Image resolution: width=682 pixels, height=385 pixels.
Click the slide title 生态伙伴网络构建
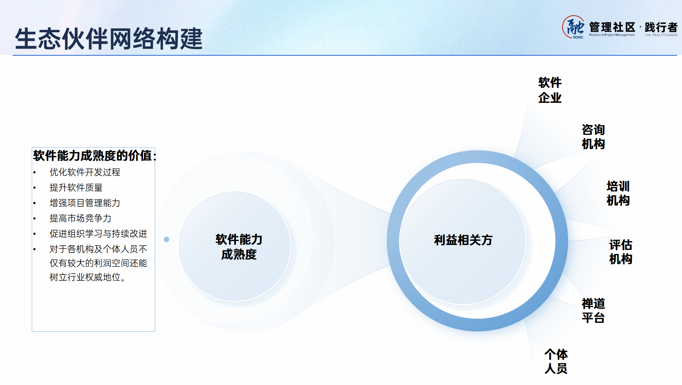[109, 39]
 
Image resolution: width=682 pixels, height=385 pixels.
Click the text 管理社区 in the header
[612, 27]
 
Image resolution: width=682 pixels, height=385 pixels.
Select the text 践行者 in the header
[661, 27]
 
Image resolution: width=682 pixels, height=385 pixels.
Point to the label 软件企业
[550, 90]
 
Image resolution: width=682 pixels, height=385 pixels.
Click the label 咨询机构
[593, 137]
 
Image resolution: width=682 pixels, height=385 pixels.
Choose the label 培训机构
[618, 193]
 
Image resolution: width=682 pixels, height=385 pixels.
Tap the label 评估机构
[621, 252]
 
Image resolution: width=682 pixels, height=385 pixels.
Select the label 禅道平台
[593, 310]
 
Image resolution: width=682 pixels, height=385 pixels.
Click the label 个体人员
[556, 361]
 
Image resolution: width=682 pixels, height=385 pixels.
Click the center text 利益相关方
[463, 240]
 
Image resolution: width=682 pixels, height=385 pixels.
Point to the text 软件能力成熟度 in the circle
[239, 247]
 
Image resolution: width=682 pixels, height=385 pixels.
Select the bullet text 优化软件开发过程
[85, 172]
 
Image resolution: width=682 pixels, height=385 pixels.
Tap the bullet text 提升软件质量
[76, 187]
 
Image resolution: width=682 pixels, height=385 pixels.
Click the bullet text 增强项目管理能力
[85, 203]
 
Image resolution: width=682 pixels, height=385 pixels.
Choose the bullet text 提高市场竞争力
[81, 218]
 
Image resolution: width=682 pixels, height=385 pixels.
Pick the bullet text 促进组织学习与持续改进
[98, 234]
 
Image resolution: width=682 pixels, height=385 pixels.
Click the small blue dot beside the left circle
[167, 239]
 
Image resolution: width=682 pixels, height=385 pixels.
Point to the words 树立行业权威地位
[85, 277]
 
